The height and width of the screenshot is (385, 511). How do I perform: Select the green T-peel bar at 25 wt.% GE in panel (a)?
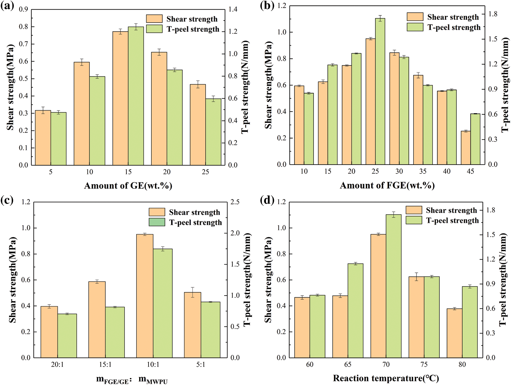(x=213, y=132)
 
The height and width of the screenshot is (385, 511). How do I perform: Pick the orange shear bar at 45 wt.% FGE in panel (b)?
(x=466, y=148)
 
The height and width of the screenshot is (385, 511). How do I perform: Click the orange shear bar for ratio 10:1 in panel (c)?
(x=145, y=296)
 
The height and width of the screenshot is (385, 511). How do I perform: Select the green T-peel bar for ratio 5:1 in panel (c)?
(x=210, y=330)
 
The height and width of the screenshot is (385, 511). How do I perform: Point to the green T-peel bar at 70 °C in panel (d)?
(x=393, y=286)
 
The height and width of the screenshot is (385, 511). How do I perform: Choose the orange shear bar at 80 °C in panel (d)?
(x=454, y=333)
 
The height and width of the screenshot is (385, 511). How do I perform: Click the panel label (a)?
(x=7, y=6)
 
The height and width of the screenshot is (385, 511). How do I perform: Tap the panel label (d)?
(x=267, y=200)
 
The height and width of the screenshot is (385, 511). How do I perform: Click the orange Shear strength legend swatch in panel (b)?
(x=415, y=17)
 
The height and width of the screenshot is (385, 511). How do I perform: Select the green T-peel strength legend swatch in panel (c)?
(x=157, y=222)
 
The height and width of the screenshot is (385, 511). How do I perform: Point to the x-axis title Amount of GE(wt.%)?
(x=128, y=186)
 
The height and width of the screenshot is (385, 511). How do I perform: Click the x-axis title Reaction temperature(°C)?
(x=386, y=378)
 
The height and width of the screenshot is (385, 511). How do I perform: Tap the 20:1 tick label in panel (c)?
(x=57, y=365)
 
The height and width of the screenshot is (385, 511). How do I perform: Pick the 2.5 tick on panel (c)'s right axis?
(x=235, y=202)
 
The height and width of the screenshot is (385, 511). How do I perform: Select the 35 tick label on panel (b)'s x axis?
(x=423, y=171)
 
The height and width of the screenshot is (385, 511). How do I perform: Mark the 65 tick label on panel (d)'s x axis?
(x=348, y=365)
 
